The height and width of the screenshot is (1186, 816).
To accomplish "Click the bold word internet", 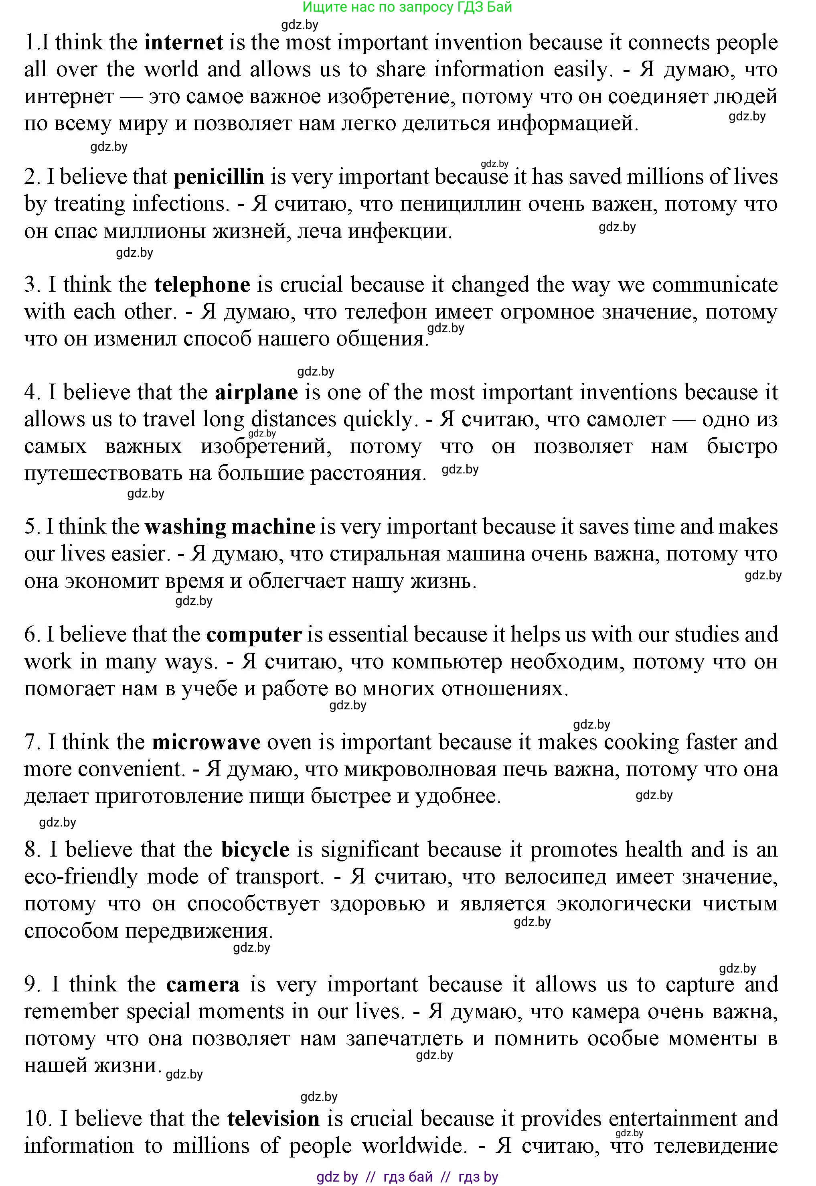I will pos(184,43).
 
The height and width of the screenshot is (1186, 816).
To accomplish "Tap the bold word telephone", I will pos(202,285).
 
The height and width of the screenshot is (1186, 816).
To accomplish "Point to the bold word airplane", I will pos(256,392).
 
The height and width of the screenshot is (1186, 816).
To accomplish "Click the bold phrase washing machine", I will pos(230,527).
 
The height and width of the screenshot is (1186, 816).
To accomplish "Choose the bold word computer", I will pos(254,635).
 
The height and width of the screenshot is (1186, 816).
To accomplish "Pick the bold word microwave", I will pos(207,742).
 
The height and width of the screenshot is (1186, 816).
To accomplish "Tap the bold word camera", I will pos(203,985).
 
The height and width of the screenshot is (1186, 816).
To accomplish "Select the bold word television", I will pos(273,1119).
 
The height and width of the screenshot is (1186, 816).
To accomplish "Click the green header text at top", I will pos(407,7).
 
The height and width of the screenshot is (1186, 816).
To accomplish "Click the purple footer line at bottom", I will pos(407,1173).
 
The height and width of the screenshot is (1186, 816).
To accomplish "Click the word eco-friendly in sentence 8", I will pos(80,877).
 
